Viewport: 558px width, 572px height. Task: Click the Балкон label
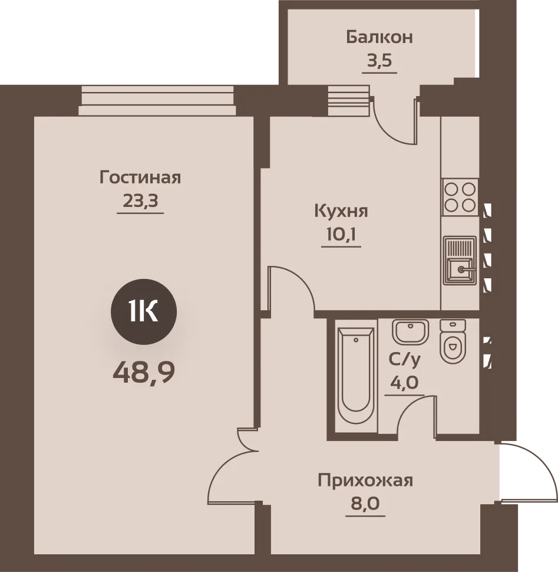pos(379,37)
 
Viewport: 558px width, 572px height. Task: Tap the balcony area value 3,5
pos(379,61)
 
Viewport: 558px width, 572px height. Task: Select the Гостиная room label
pos(140,177)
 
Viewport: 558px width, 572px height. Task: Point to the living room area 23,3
pos(140,200)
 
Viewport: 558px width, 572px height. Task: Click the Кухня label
pos(341,211)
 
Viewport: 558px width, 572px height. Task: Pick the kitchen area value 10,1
pos(341,235)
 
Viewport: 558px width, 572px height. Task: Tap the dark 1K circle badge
pos(144,312)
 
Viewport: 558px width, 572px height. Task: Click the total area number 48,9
pos(144,373)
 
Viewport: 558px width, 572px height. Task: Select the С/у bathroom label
pos(405,360)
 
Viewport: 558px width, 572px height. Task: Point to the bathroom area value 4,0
pos(404,383)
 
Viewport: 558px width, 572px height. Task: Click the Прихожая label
pos(365,481)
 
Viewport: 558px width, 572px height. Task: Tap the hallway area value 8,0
pos(365,504)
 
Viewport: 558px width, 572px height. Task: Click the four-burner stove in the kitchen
pos(460,197)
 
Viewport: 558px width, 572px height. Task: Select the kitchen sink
pos(460,261)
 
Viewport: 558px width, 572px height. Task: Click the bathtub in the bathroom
pos(356,376)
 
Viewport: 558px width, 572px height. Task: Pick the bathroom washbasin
pos(410,332)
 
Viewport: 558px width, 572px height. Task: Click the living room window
pos(157,101)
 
